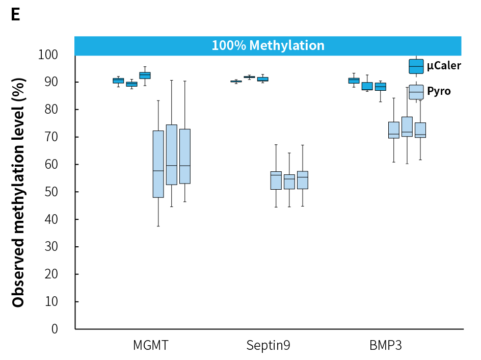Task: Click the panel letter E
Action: (x=15, y=14)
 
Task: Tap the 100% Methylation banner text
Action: (x=268, y=45)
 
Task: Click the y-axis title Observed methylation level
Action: (x=18, y=192)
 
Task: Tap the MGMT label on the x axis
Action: (x=150, y=345)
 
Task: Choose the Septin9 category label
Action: (x=268, y=345)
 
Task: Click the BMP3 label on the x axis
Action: (x=386, y=345)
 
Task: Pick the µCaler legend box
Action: (x=416, y=66)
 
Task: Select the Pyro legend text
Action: (x=439, y=92)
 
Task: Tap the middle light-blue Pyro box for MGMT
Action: (x=172, y=155)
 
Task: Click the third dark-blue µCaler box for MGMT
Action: (x=145, y=75)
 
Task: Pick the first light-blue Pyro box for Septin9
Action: (x=276, y=181)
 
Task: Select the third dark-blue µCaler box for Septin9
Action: (x=263, y=79)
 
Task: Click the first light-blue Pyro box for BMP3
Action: (x=394, y=130)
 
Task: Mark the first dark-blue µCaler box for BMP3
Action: (x=354, y=81)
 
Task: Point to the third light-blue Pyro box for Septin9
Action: (x=303, y=180)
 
